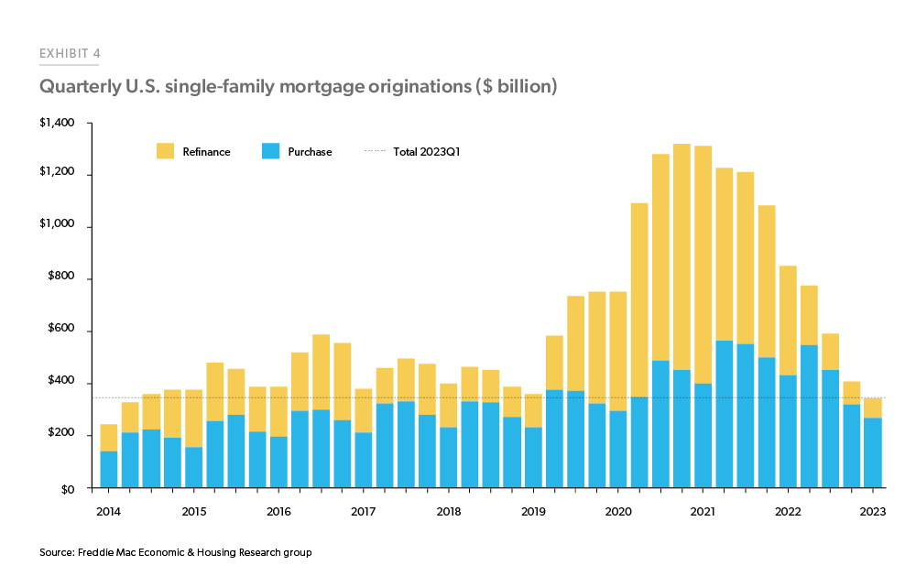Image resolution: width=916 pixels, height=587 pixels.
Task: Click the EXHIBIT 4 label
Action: [70, 53]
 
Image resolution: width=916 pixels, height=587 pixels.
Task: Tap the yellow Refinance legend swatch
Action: [166, 151]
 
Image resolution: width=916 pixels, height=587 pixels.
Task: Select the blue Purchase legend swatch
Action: [270, 151]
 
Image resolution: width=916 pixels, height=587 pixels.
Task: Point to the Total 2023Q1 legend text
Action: [426, 152]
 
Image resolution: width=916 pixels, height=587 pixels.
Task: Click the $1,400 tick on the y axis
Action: [57, 123]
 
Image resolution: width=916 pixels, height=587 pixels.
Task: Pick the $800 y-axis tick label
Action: [60, 278]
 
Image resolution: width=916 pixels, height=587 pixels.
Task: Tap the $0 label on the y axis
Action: [67, 488]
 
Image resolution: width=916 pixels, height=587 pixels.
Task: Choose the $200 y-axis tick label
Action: [60, 436]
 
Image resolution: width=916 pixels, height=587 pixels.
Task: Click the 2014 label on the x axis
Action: [108, 511]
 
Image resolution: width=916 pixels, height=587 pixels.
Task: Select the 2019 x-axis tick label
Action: [534, 511]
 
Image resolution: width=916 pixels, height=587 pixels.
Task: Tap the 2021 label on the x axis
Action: [703, 511]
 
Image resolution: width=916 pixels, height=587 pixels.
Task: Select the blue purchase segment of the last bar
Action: [873, 452]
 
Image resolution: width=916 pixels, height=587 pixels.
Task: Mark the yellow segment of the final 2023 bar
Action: [873, 408]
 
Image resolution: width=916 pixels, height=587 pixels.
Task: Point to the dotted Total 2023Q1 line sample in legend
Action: [373, 152]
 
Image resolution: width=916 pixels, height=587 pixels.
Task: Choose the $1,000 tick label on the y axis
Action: [57, 227]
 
